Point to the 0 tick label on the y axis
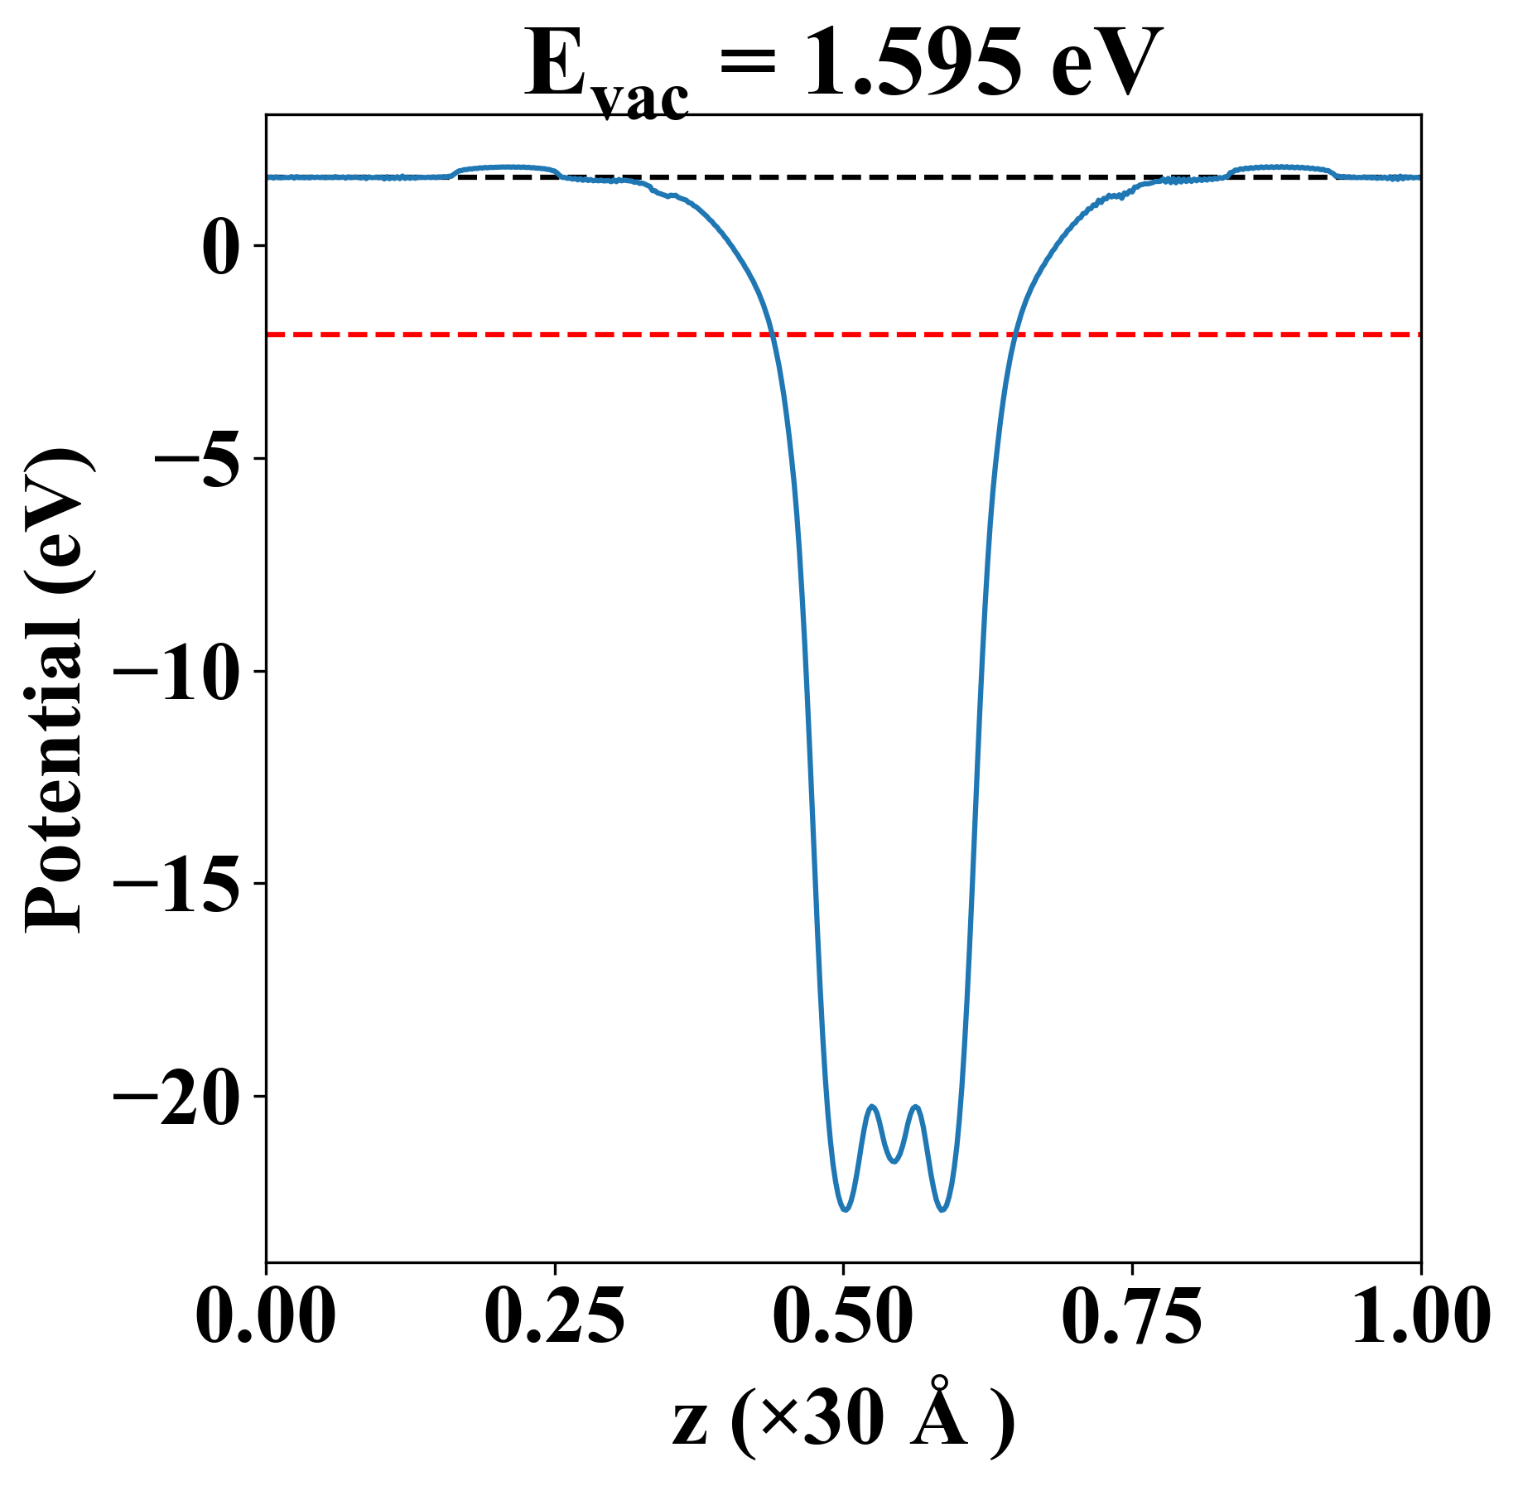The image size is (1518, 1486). pos(220,246)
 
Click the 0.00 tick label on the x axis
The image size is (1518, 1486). pos(266,1316)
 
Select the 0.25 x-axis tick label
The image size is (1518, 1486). pos(554,1316)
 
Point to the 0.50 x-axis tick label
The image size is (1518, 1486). pos(843,1316)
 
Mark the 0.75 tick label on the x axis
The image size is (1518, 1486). pos(1131,1316)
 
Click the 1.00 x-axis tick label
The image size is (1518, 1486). pos(1419,1316)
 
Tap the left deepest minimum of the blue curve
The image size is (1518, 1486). pos(845,1210)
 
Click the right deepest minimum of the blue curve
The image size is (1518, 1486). pos(942,1210)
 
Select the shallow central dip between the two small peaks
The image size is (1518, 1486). pos(894,1161)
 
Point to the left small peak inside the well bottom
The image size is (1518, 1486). pos(872,1107)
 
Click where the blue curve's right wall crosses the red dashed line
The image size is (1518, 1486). pos(1014,335)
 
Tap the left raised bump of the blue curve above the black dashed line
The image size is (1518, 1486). pos(505,167)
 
